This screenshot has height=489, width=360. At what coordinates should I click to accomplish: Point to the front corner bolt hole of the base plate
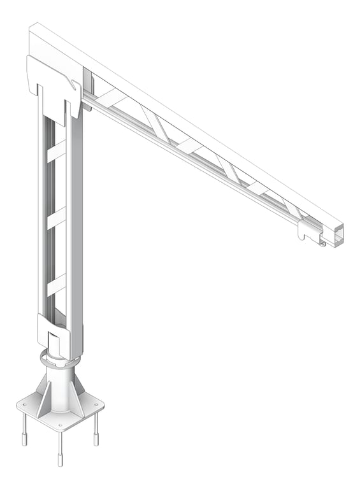(60, 425)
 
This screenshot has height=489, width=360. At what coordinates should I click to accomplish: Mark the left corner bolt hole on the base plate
(25, 404)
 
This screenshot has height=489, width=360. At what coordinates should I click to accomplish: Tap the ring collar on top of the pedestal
(60, 358)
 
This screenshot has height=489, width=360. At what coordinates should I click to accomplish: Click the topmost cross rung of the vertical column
(56, 152)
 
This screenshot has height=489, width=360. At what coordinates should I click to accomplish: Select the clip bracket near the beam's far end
(308, 232)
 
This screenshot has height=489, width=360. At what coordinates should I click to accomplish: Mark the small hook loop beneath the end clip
(322, 243)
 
